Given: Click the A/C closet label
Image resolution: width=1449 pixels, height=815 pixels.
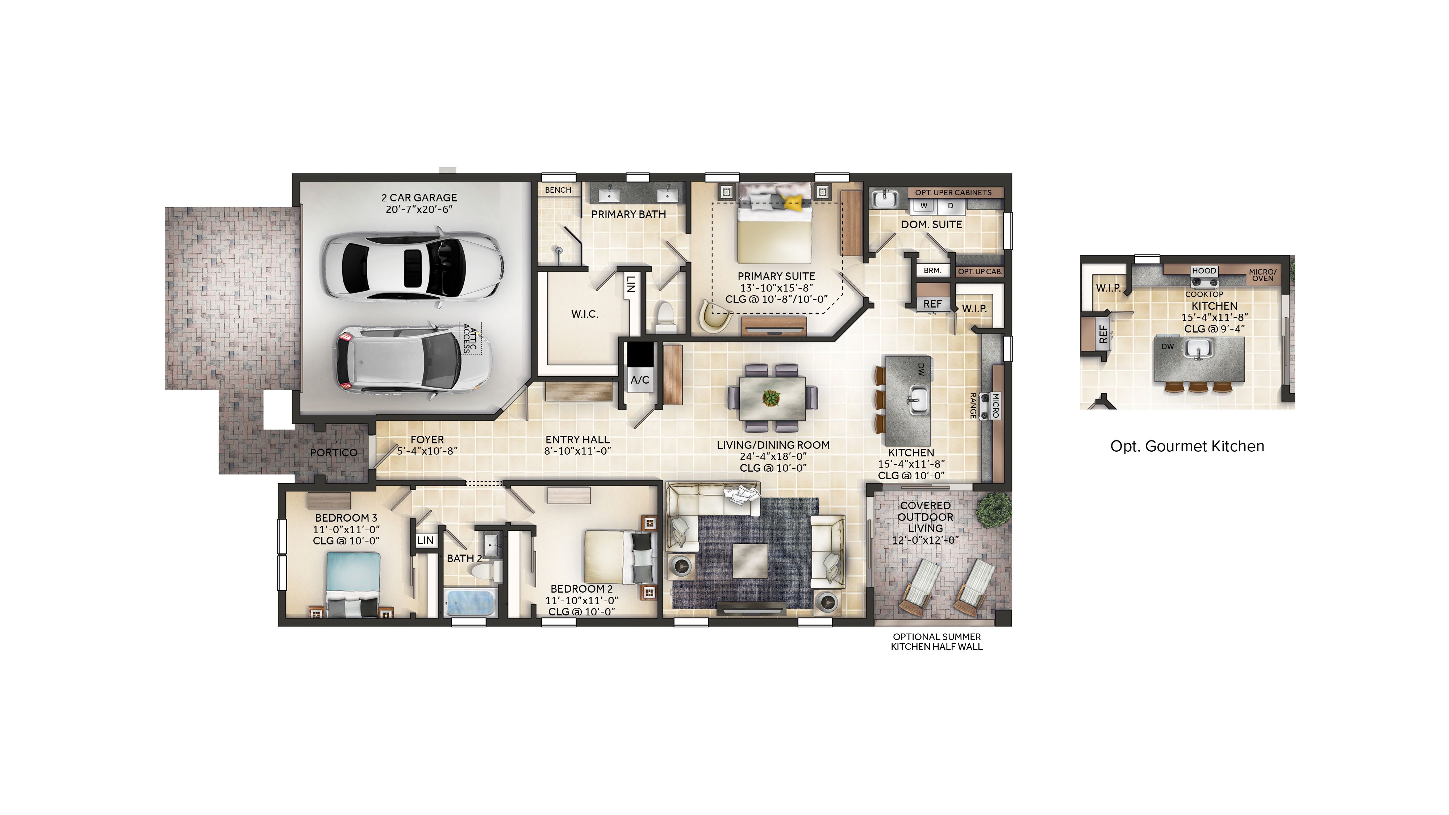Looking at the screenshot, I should point(640,380).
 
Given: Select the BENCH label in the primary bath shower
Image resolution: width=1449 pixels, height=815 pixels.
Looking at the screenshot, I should point(558,190).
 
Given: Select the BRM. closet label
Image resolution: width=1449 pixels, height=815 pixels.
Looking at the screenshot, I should point(932,271).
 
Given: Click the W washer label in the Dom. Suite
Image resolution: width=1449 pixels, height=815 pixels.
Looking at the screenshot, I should point(923,206).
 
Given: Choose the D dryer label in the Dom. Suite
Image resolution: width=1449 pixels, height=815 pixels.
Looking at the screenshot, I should point(951,206).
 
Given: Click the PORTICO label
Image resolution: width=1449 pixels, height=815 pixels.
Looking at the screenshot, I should point(334,452).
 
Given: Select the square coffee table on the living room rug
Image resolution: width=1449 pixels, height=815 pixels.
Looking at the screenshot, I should point(750,560).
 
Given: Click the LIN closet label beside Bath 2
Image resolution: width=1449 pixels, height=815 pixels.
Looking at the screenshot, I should point(425,540).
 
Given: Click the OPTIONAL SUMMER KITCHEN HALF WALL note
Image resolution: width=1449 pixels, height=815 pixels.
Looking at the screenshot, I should point(936,642).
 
